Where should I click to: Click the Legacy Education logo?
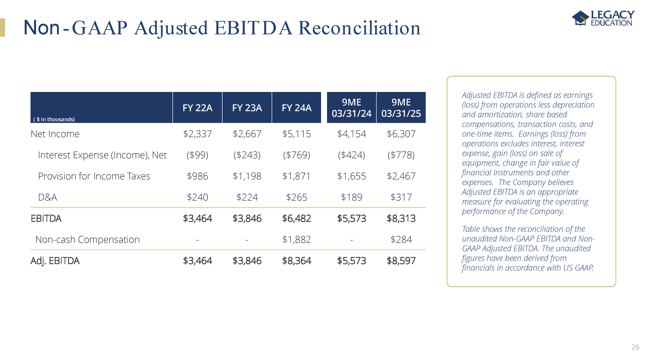[603, 18]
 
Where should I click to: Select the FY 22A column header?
[197, 108]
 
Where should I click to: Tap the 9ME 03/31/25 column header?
[401, 108]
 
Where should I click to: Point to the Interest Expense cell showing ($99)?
[197, 155]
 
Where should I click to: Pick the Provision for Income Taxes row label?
[94, 176]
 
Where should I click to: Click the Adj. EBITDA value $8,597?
[401, 261]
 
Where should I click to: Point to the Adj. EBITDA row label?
[55, 261]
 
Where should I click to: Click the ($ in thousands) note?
[54, 120]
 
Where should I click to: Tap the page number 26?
[635, 347]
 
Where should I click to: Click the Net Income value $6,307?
[401, 134]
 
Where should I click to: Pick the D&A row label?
[47, 197]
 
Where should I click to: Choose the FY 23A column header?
[247, 108]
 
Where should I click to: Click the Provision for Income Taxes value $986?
[197, 176]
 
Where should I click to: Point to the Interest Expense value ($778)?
[401, 155]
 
